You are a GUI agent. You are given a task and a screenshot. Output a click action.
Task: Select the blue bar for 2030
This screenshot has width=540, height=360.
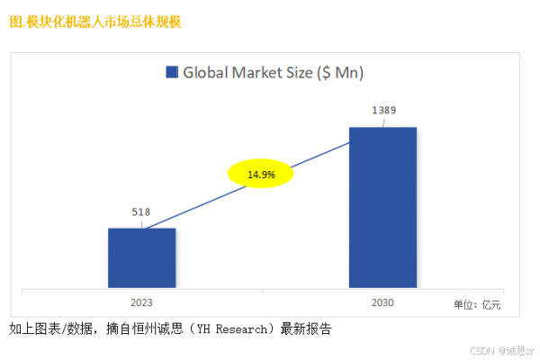tap(382, 207)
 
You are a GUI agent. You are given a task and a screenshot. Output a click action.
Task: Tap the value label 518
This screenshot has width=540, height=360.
tap(140, 212)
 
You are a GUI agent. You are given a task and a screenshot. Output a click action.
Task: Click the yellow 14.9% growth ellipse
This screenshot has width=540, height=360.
tap(261, 174)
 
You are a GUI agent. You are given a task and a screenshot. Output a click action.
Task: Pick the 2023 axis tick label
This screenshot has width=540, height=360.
tap(141, 303)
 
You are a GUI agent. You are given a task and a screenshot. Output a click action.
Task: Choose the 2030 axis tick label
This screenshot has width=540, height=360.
tap(382, 303)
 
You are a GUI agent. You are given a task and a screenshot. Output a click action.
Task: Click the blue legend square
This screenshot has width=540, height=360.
tap(171, 73)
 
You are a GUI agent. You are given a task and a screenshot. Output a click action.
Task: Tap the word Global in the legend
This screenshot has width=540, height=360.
tap(206, 73)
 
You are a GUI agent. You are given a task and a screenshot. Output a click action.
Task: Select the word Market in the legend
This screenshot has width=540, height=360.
tap(262, 73)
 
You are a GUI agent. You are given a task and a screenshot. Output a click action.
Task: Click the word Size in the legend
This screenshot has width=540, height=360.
tap(309, 73)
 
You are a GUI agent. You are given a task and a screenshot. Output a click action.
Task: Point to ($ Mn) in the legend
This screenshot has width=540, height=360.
tap(352, 73)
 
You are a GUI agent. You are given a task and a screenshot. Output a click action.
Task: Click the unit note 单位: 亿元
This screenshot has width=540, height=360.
tap(477, 306)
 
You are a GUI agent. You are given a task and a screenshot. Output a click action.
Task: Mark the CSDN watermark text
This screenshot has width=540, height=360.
tap(484, 349)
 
